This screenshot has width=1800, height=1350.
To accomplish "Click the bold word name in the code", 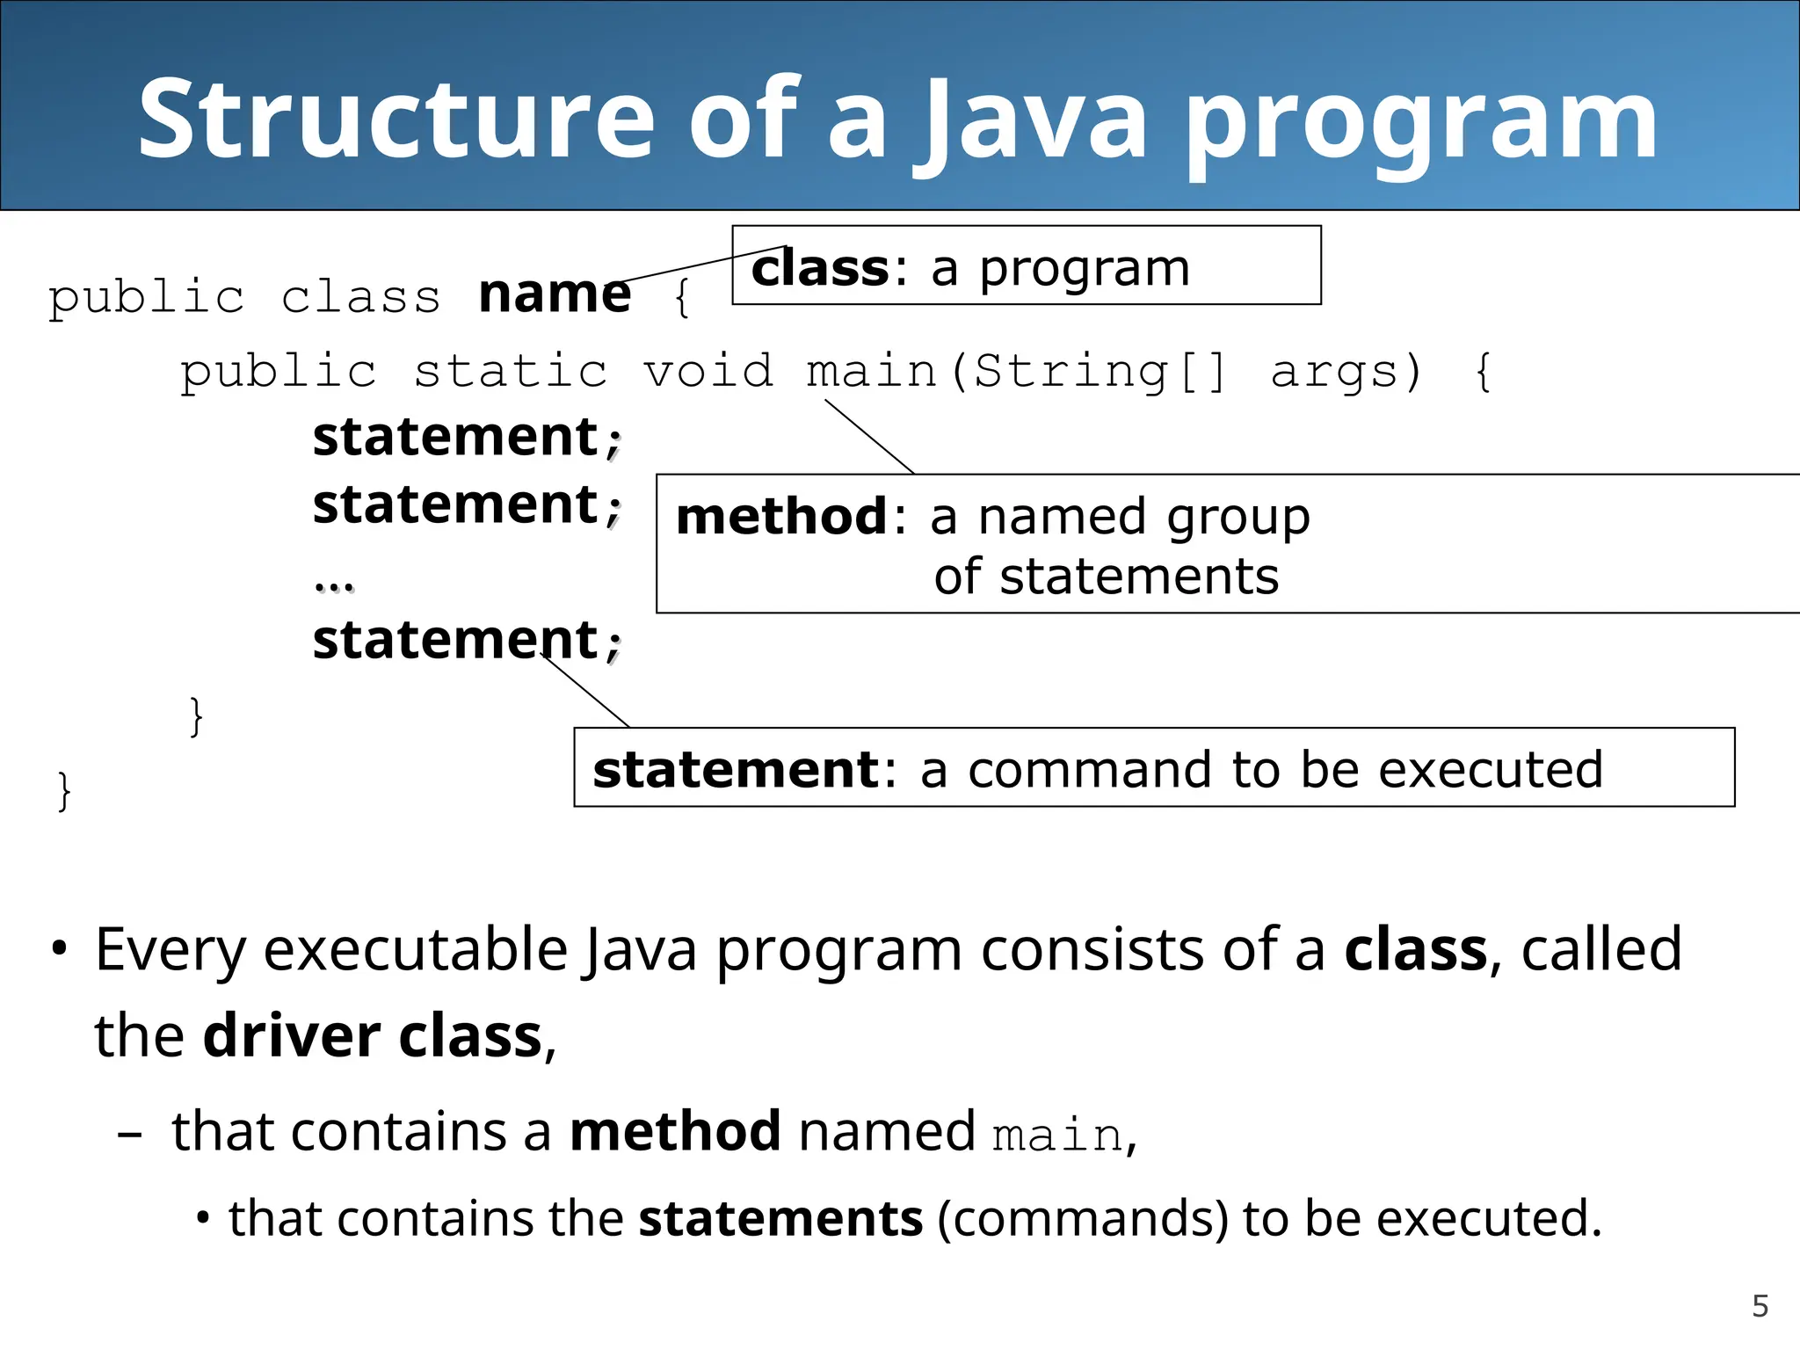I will pos(555,294).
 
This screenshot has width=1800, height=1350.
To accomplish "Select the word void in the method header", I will pos(708,371).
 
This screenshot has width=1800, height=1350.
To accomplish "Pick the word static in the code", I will pos(511,371).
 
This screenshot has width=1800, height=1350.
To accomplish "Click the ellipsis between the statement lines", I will pos(334,585).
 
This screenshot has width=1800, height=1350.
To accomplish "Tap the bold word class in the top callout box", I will pos(820,268).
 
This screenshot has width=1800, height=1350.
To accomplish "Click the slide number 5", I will pos(1760,1306).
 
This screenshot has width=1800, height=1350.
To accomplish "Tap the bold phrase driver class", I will pos(373,1037).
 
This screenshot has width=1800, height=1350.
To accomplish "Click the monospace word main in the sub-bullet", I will pos(1057,1136).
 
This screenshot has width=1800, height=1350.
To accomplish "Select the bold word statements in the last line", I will pos(780,1219).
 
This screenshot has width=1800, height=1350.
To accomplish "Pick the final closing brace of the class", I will pos(63,791).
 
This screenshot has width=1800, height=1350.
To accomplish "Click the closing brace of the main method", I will pos(196,716).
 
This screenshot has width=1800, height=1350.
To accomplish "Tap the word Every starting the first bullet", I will pos(171,951).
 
